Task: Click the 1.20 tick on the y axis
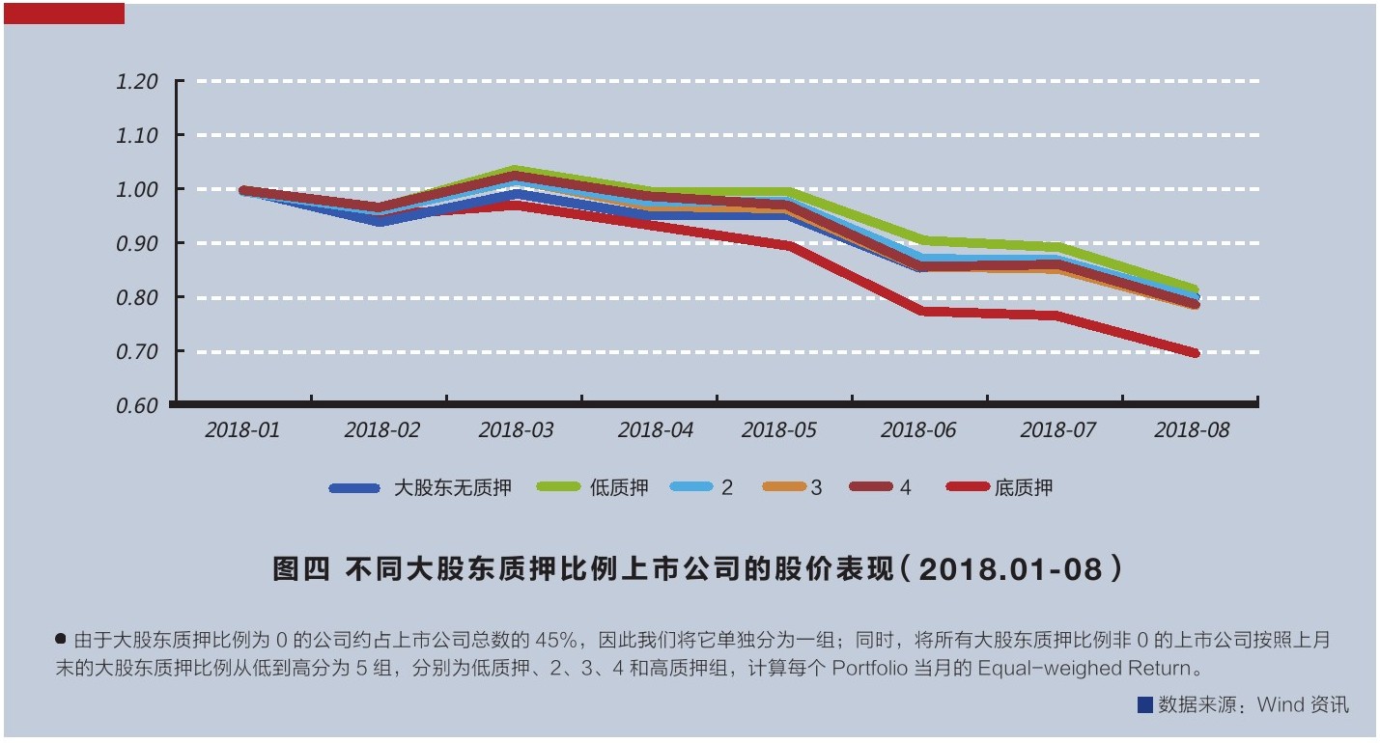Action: point(136,82)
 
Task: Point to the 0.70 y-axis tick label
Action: point(136,352)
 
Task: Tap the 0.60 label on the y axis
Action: point(136,406)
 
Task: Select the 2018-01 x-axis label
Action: point(242,430)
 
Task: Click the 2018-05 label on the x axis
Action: point(778,430)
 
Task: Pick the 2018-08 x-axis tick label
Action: point(1192,430)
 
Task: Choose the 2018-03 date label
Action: point(516,430)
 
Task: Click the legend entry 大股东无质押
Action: point(452,488)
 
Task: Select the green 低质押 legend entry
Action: point(618,488)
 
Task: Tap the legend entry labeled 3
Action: point(816,488)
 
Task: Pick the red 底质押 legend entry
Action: point(1023,488)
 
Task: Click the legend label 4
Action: point(905,488)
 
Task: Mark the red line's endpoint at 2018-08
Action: point(1195,353)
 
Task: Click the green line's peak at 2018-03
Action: point(516,170)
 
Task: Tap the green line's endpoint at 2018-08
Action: point(1195,289)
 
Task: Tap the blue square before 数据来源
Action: point(1144,705)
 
